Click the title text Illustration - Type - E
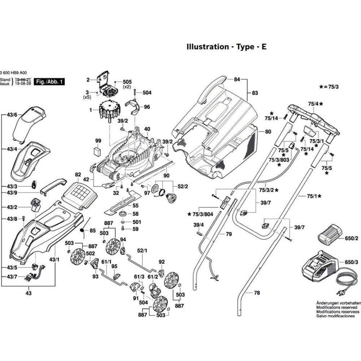coord(226,47)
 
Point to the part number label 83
coord(255,93)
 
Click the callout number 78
coord(257,293)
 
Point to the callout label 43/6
coord(12,115)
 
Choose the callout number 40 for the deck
coord(147,129)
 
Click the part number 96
coord(147,107)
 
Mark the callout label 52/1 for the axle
coord(141,251)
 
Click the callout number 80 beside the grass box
coord(268,132)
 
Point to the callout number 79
coord(229,234)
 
